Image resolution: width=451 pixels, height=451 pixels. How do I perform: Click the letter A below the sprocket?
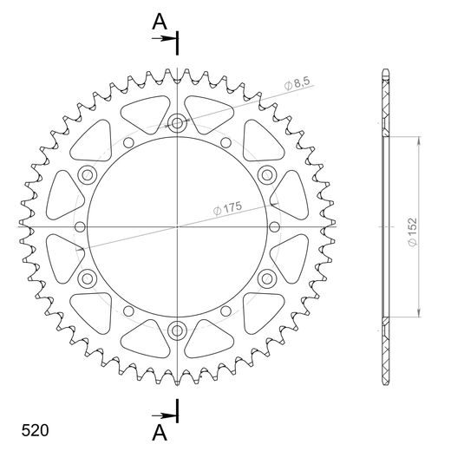[160, 431]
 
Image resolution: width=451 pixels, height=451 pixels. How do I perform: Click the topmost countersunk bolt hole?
[178, 123]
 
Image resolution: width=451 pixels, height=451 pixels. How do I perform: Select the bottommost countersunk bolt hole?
[178, 330]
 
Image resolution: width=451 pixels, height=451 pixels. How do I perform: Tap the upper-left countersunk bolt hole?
[88, 176]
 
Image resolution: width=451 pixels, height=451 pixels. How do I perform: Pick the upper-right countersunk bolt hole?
[267, 176]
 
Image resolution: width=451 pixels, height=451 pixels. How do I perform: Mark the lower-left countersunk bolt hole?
[88, 278]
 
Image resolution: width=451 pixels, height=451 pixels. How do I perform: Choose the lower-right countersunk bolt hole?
[267, 278]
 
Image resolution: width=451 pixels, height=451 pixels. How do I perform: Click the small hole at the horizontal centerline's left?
[80, 227]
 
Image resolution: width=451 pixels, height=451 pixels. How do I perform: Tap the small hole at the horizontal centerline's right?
[276, 227]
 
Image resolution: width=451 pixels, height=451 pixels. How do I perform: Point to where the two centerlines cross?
[178, 227]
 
